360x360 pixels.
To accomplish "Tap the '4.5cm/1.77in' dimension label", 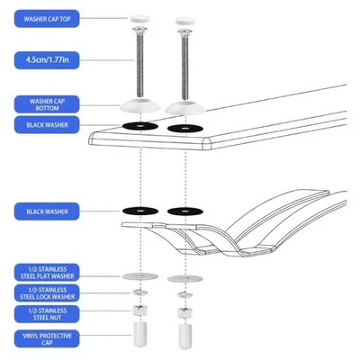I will point(47,60).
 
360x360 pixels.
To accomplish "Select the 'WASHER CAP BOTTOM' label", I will point(47,103).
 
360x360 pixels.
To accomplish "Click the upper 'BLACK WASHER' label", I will point(47,125).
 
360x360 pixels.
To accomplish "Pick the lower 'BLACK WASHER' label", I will point(47,212).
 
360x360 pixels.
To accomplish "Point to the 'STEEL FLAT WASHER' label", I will point(47,271).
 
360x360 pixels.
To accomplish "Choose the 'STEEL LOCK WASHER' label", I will point(47,292).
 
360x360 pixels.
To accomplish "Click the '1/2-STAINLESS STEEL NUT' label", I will point(47,312).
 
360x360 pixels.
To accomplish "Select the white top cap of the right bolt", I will point(185,19).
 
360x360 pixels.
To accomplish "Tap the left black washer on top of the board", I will point(140,125).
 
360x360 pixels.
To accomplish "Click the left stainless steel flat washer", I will point(140,274).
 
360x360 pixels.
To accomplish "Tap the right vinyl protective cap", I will point(185,337).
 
